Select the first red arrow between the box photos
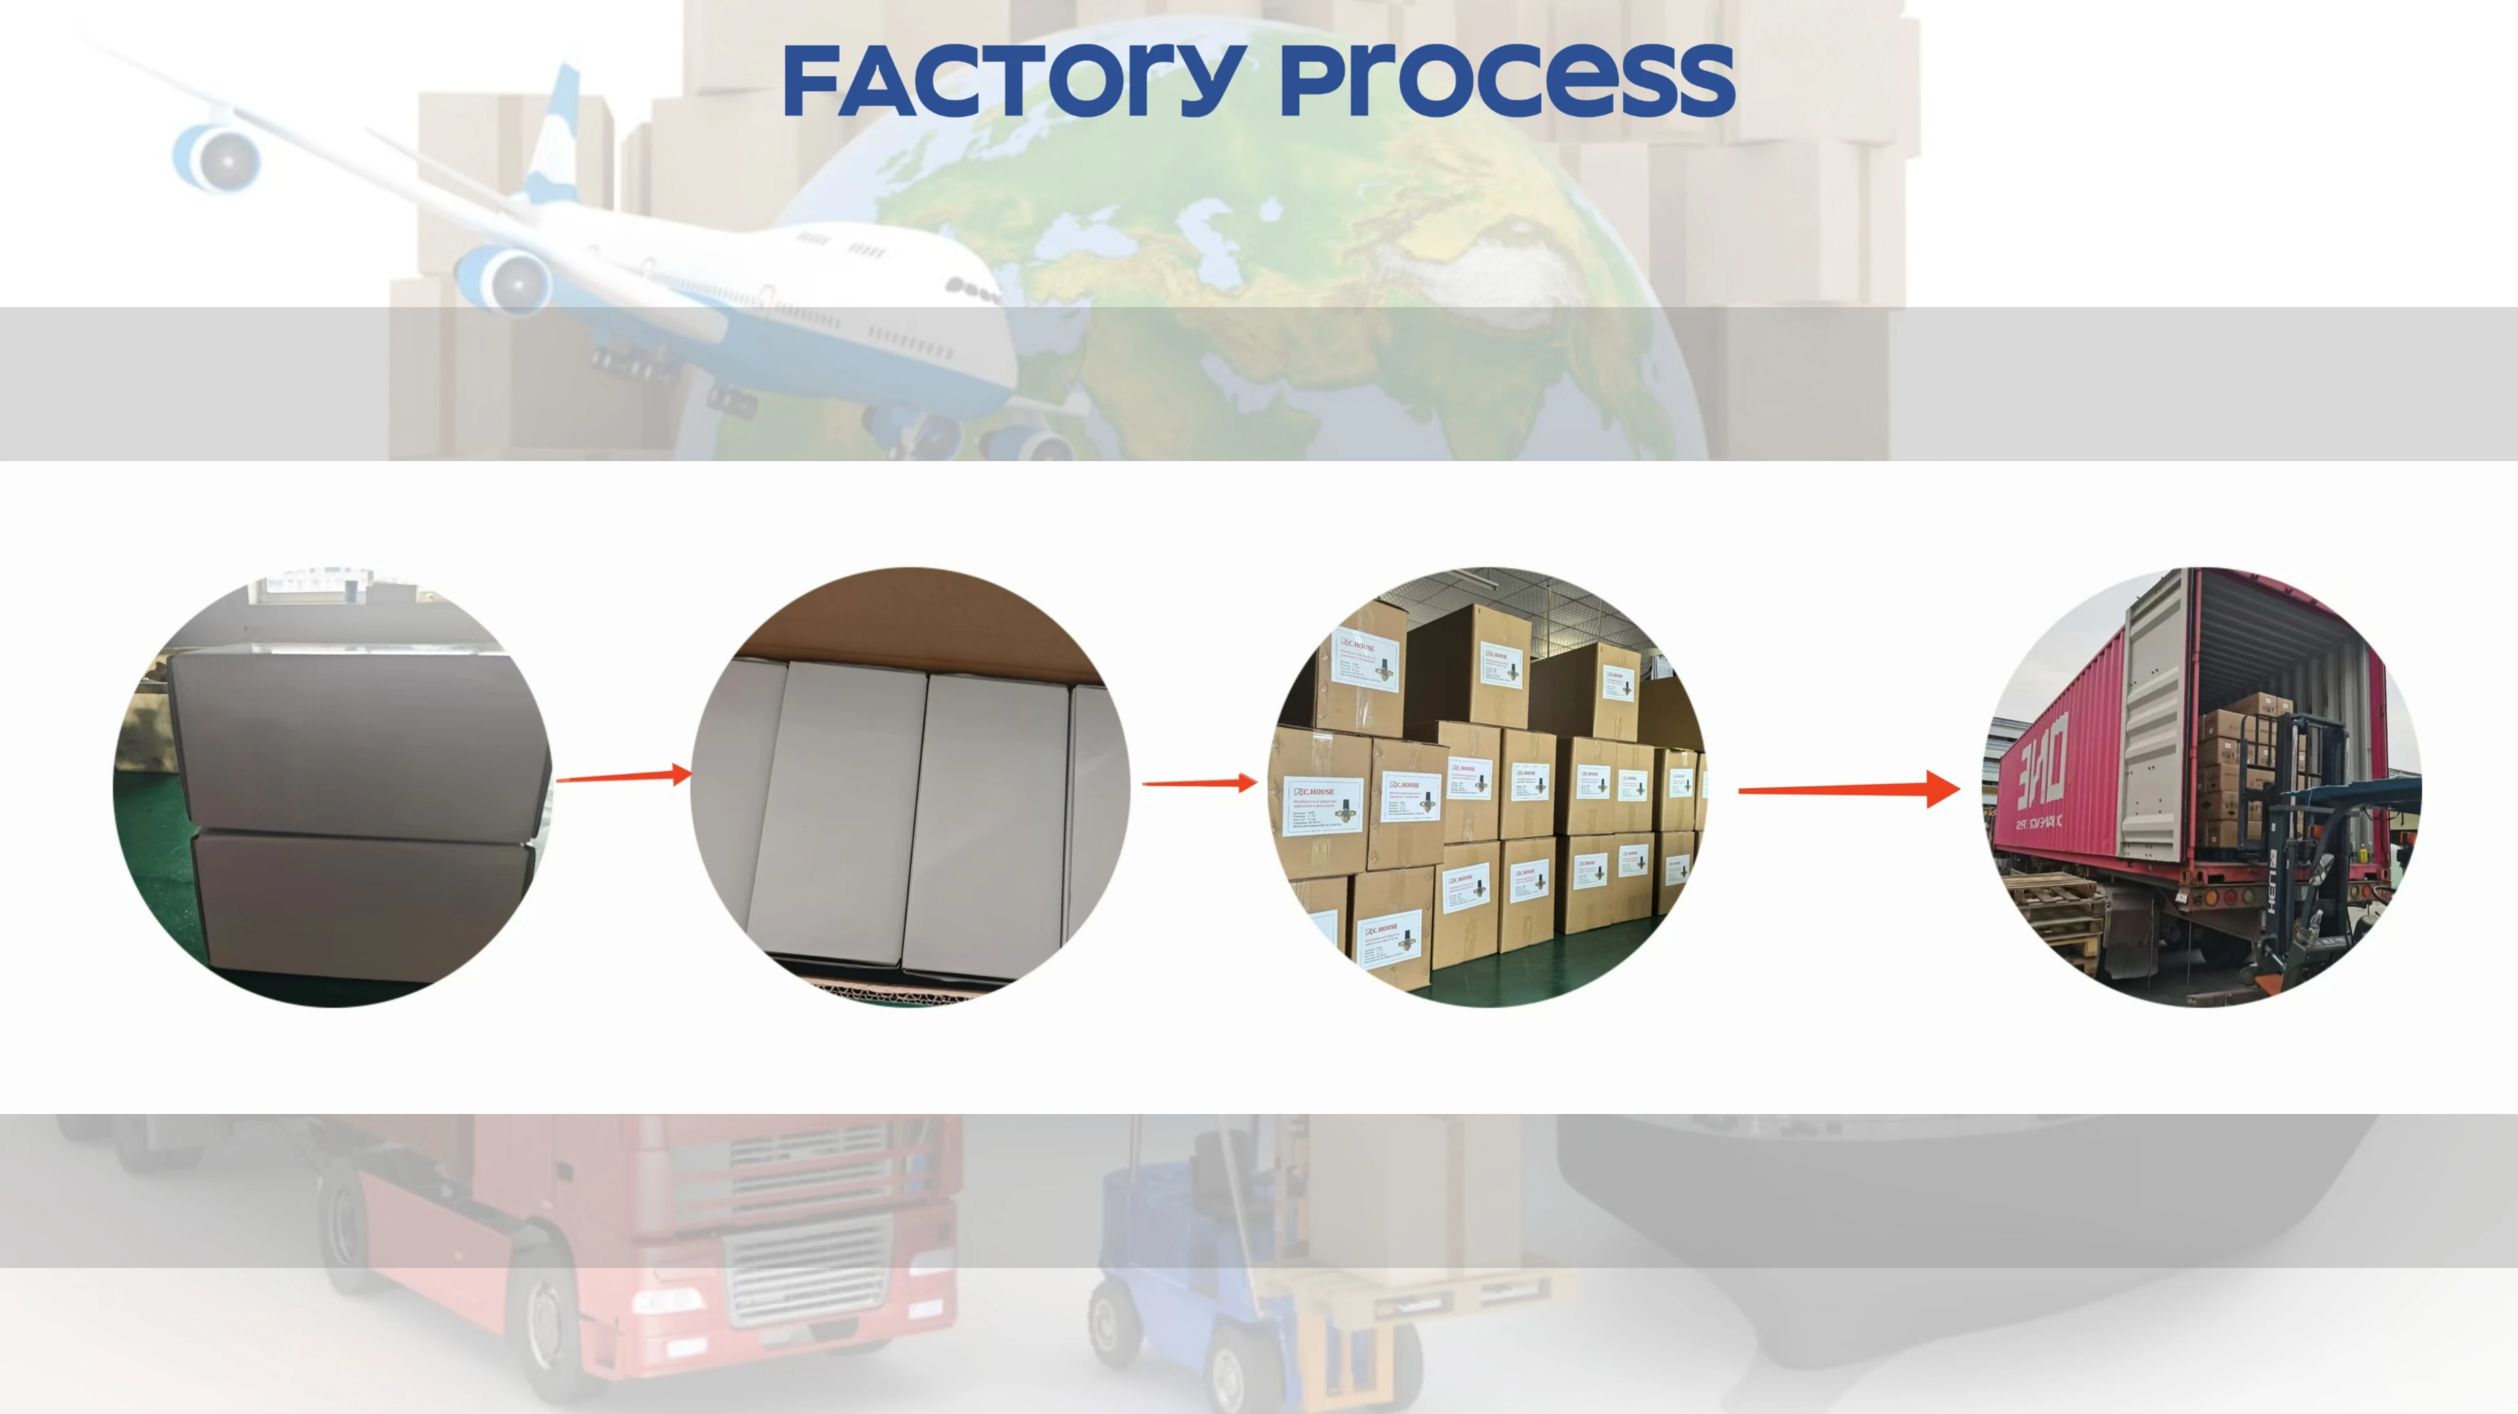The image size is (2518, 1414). click(x=623, y=778)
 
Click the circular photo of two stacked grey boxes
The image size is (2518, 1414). click(x=333, y=787)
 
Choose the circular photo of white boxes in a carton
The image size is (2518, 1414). click(x=910, y=787)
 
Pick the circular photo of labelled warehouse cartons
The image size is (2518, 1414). click(x=1486, y=787)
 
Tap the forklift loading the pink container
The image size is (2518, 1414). click(x=2316, y=880)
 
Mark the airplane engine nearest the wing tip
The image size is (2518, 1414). click(x=217, y=156)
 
